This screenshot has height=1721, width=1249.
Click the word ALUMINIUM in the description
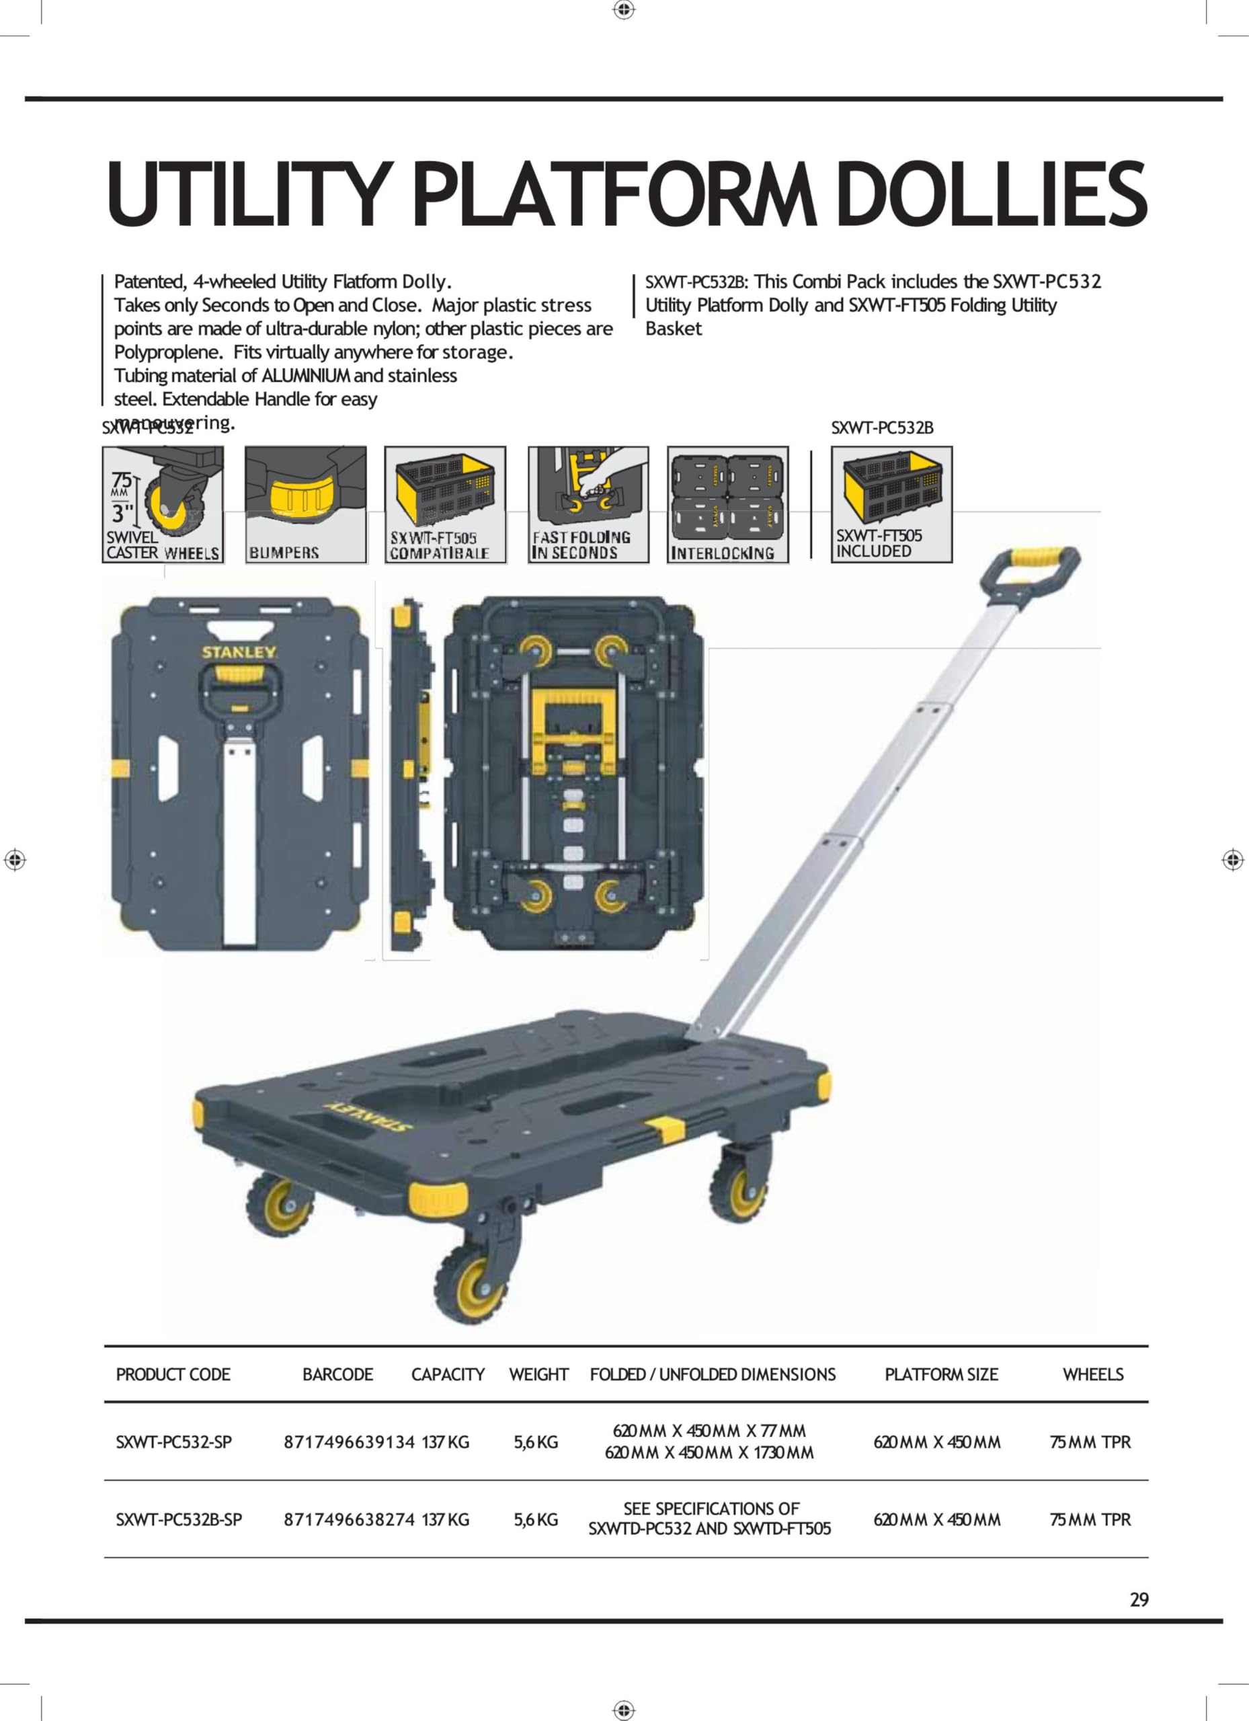pyautogui.click(x=306, y=376)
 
